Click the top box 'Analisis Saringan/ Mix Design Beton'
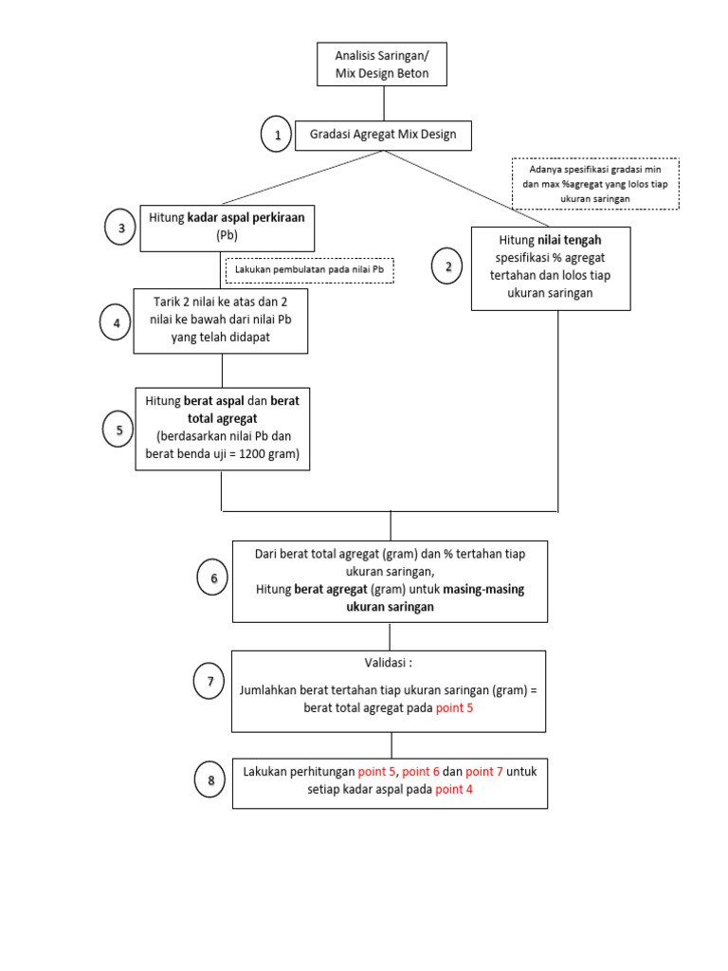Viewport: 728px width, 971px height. pos(382,64)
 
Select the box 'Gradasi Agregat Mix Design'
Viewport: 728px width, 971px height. pos(383,135)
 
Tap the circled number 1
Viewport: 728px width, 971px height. pos(277,136)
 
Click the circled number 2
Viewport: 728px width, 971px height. pos(447,266)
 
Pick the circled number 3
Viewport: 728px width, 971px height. pos(120,229)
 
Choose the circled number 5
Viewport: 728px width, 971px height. pos(118,431)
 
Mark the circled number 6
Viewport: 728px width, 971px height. pos(212,578)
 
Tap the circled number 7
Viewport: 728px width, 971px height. pos(209,681)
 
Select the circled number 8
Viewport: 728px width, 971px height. pos(210,780)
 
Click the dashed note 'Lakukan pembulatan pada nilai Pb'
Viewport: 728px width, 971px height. pos(310,270)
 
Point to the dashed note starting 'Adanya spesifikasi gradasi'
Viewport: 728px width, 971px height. pos(595,184)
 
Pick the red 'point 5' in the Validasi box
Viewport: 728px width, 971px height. pos(456,708)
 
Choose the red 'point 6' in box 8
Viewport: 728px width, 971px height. pos(421,772)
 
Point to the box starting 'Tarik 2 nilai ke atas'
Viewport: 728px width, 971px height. pos(221,321)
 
